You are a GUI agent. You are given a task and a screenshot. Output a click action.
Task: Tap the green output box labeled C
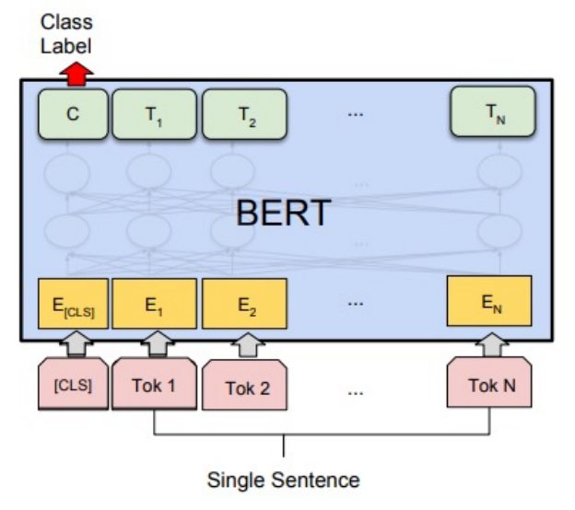[x=73, y=114]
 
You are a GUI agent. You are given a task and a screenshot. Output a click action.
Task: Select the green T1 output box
[x=153, y=114]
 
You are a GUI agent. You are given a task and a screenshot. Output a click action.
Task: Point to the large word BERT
[x=284, y=213]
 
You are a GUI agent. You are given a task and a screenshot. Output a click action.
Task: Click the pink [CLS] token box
[x=72, y=383]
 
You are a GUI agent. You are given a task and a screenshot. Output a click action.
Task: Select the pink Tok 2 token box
[x=246, y=387]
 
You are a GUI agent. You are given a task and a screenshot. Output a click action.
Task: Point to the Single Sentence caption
[x=283, y=480]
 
